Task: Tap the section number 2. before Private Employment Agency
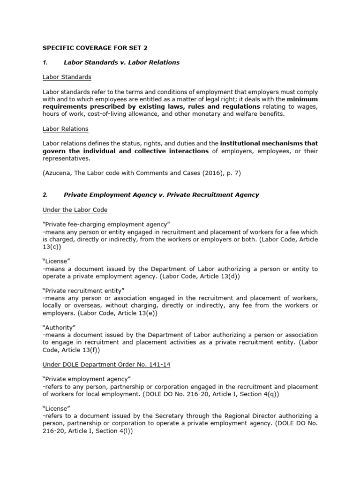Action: (45, 195)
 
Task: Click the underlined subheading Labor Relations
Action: (66, 129)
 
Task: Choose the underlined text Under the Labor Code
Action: (75, 210)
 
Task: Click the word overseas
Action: (81, 306)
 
